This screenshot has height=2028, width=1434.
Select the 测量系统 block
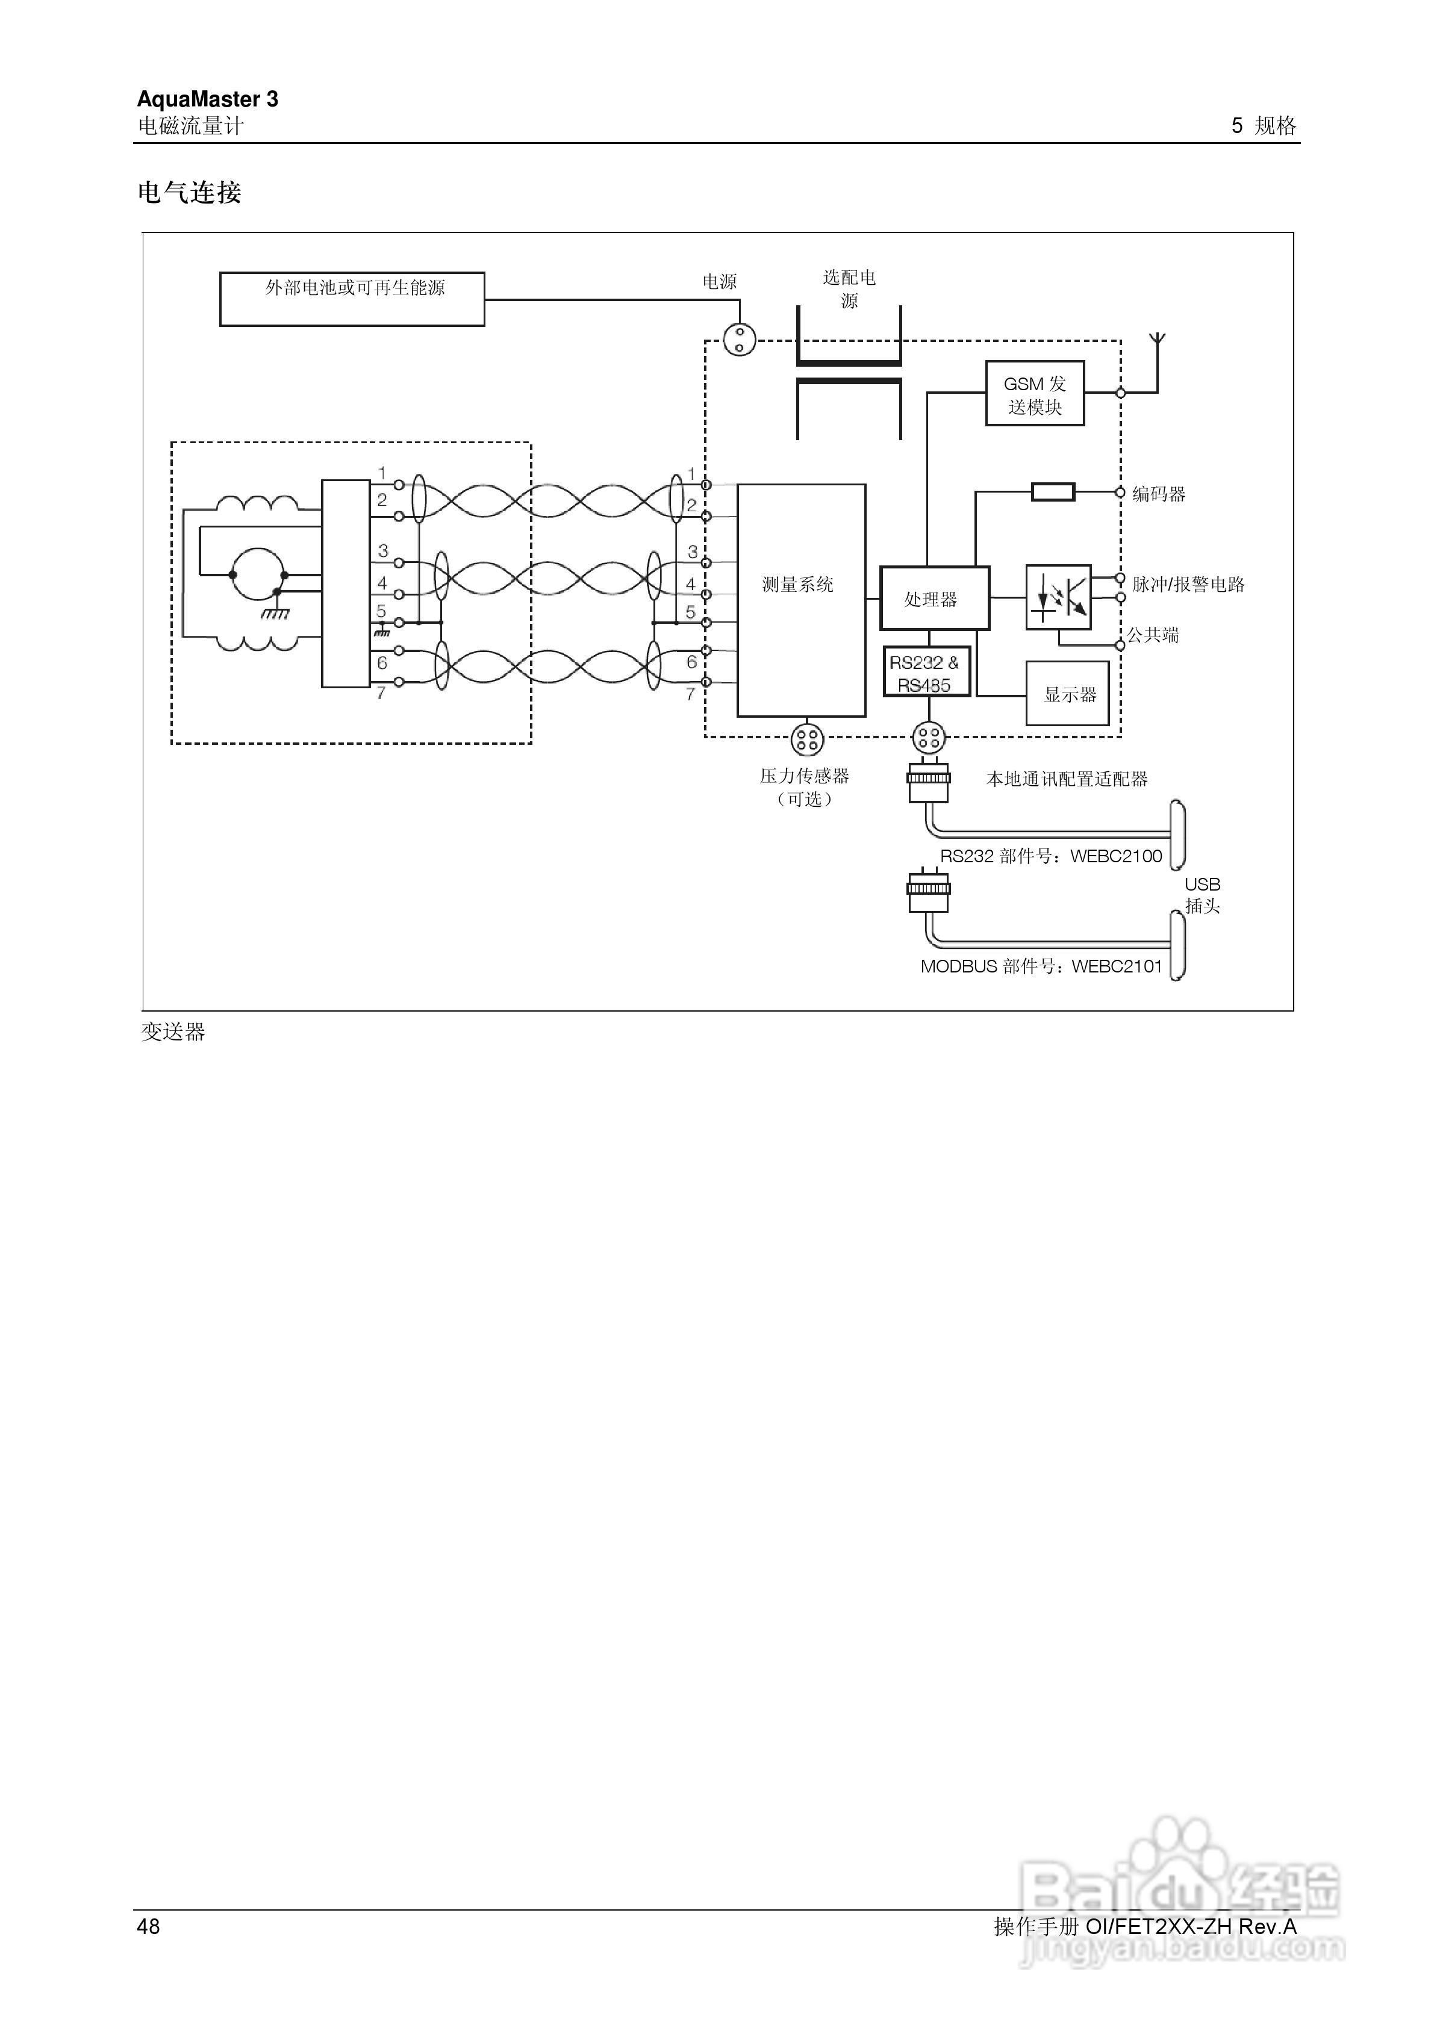(800, 600)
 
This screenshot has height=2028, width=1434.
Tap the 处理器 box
(934, 599)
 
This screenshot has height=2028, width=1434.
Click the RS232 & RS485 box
(926, 673)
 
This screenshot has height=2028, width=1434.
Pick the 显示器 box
(1067, 694)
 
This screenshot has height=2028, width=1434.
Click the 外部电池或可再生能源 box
(352, 299)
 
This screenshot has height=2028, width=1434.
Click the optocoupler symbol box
(1058, 598)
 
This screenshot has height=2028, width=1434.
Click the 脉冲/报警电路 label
(1188, 584)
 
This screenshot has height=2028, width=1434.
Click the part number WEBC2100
(1116, 856)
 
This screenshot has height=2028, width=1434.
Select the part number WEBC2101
(1117, 966)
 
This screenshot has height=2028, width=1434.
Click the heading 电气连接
(189, 193)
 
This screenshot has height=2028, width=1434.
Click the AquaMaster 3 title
(208, 99)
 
